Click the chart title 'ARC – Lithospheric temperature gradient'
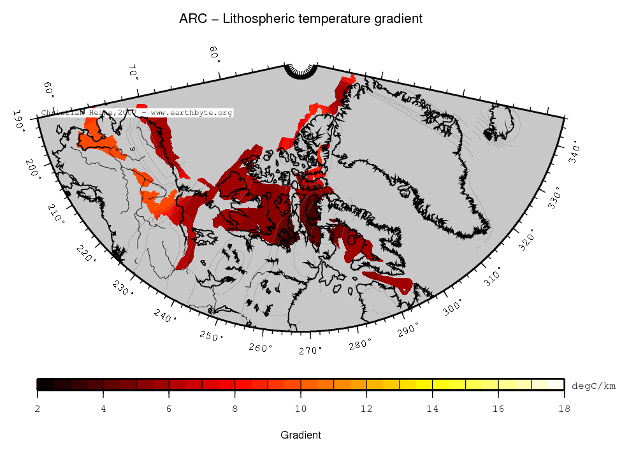point(301,19)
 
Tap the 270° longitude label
point(311,350)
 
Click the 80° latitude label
point(215,54)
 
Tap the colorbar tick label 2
point(38,409)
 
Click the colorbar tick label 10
point(301,409)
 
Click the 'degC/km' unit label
point(593,386)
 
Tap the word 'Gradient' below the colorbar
point(301,435)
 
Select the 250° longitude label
point(210,335)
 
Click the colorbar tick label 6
point(170,409)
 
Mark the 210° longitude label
point(55,215)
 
